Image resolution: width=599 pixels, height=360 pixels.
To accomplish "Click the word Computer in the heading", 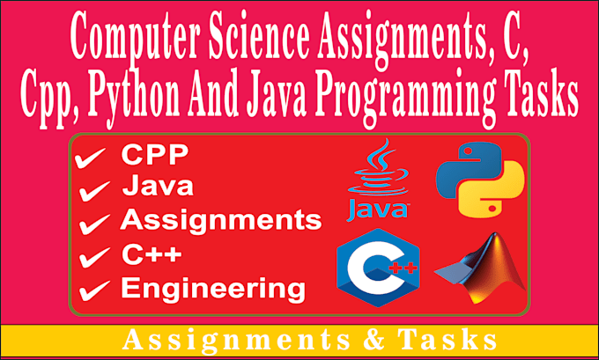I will click(125, 40).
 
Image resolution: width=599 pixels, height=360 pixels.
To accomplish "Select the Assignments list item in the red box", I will click(220, 219).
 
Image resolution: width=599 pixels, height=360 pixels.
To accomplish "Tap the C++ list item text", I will click(152, 254).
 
